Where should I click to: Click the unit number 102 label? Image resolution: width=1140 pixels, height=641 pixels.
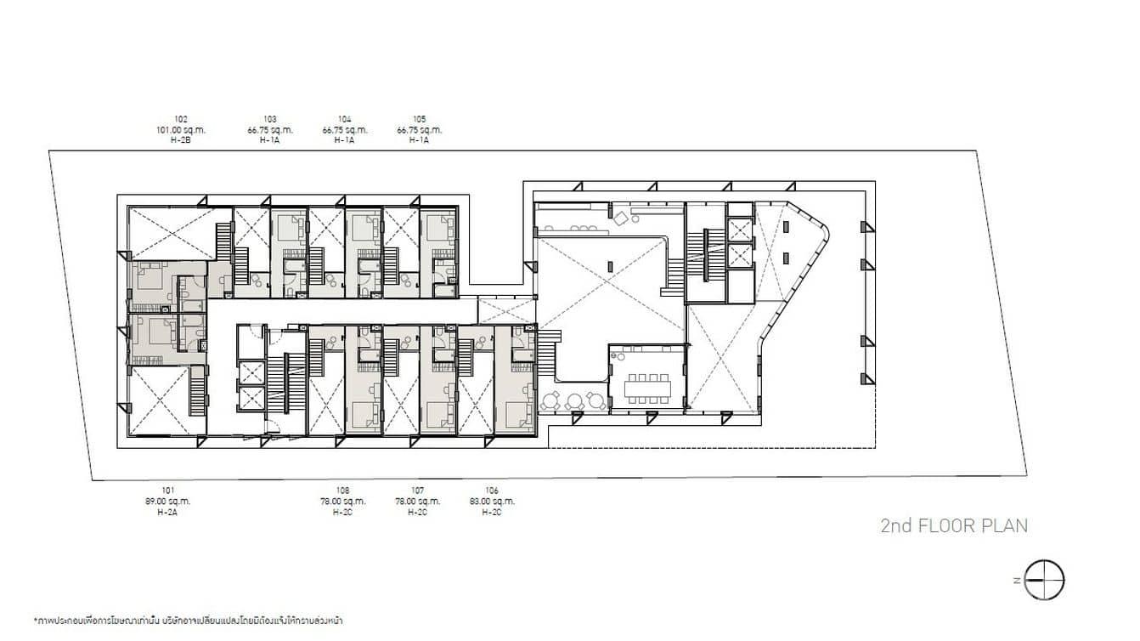point(180,120)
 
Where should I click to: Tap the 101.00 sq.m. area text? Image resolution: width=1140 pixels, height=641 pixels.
point(180,130)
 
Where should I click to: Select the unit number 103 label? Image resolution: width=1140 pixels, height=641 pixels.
point(270,120)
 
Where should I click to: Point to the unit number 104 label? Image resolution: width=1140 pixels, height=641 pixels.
point(344,120)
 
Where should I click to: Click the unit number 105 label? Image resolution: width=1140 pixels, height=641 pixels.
point(419,120)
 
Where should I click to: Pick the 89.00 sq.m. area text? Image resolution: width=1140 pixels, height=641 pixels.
point(168,502)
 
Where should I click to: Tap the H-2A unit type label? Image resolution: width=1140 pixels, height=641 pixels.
point(168,512)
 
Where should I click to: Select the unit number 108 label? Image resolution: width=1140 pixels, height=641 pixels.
point(343,491)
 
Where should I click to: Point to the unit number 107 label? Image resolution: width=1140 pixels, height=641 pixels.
point(417,491)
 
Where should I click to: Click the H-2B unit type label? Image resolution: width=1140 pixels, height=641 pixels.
point(180,140)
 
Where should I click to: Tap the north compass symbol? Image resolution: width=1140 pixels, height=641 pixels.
point(1044,581)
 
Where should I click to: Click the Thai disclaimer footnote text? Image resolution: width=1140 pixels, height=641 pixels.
point(188,621)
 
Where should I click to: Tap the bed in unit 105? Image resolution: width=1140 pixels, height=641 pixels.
point(438,227)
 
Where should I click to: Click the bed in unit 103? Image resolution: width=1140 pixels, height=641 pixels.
point(290,227)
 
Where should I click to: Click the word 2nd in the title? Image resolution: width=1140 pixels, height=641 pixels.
point(897,525)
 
